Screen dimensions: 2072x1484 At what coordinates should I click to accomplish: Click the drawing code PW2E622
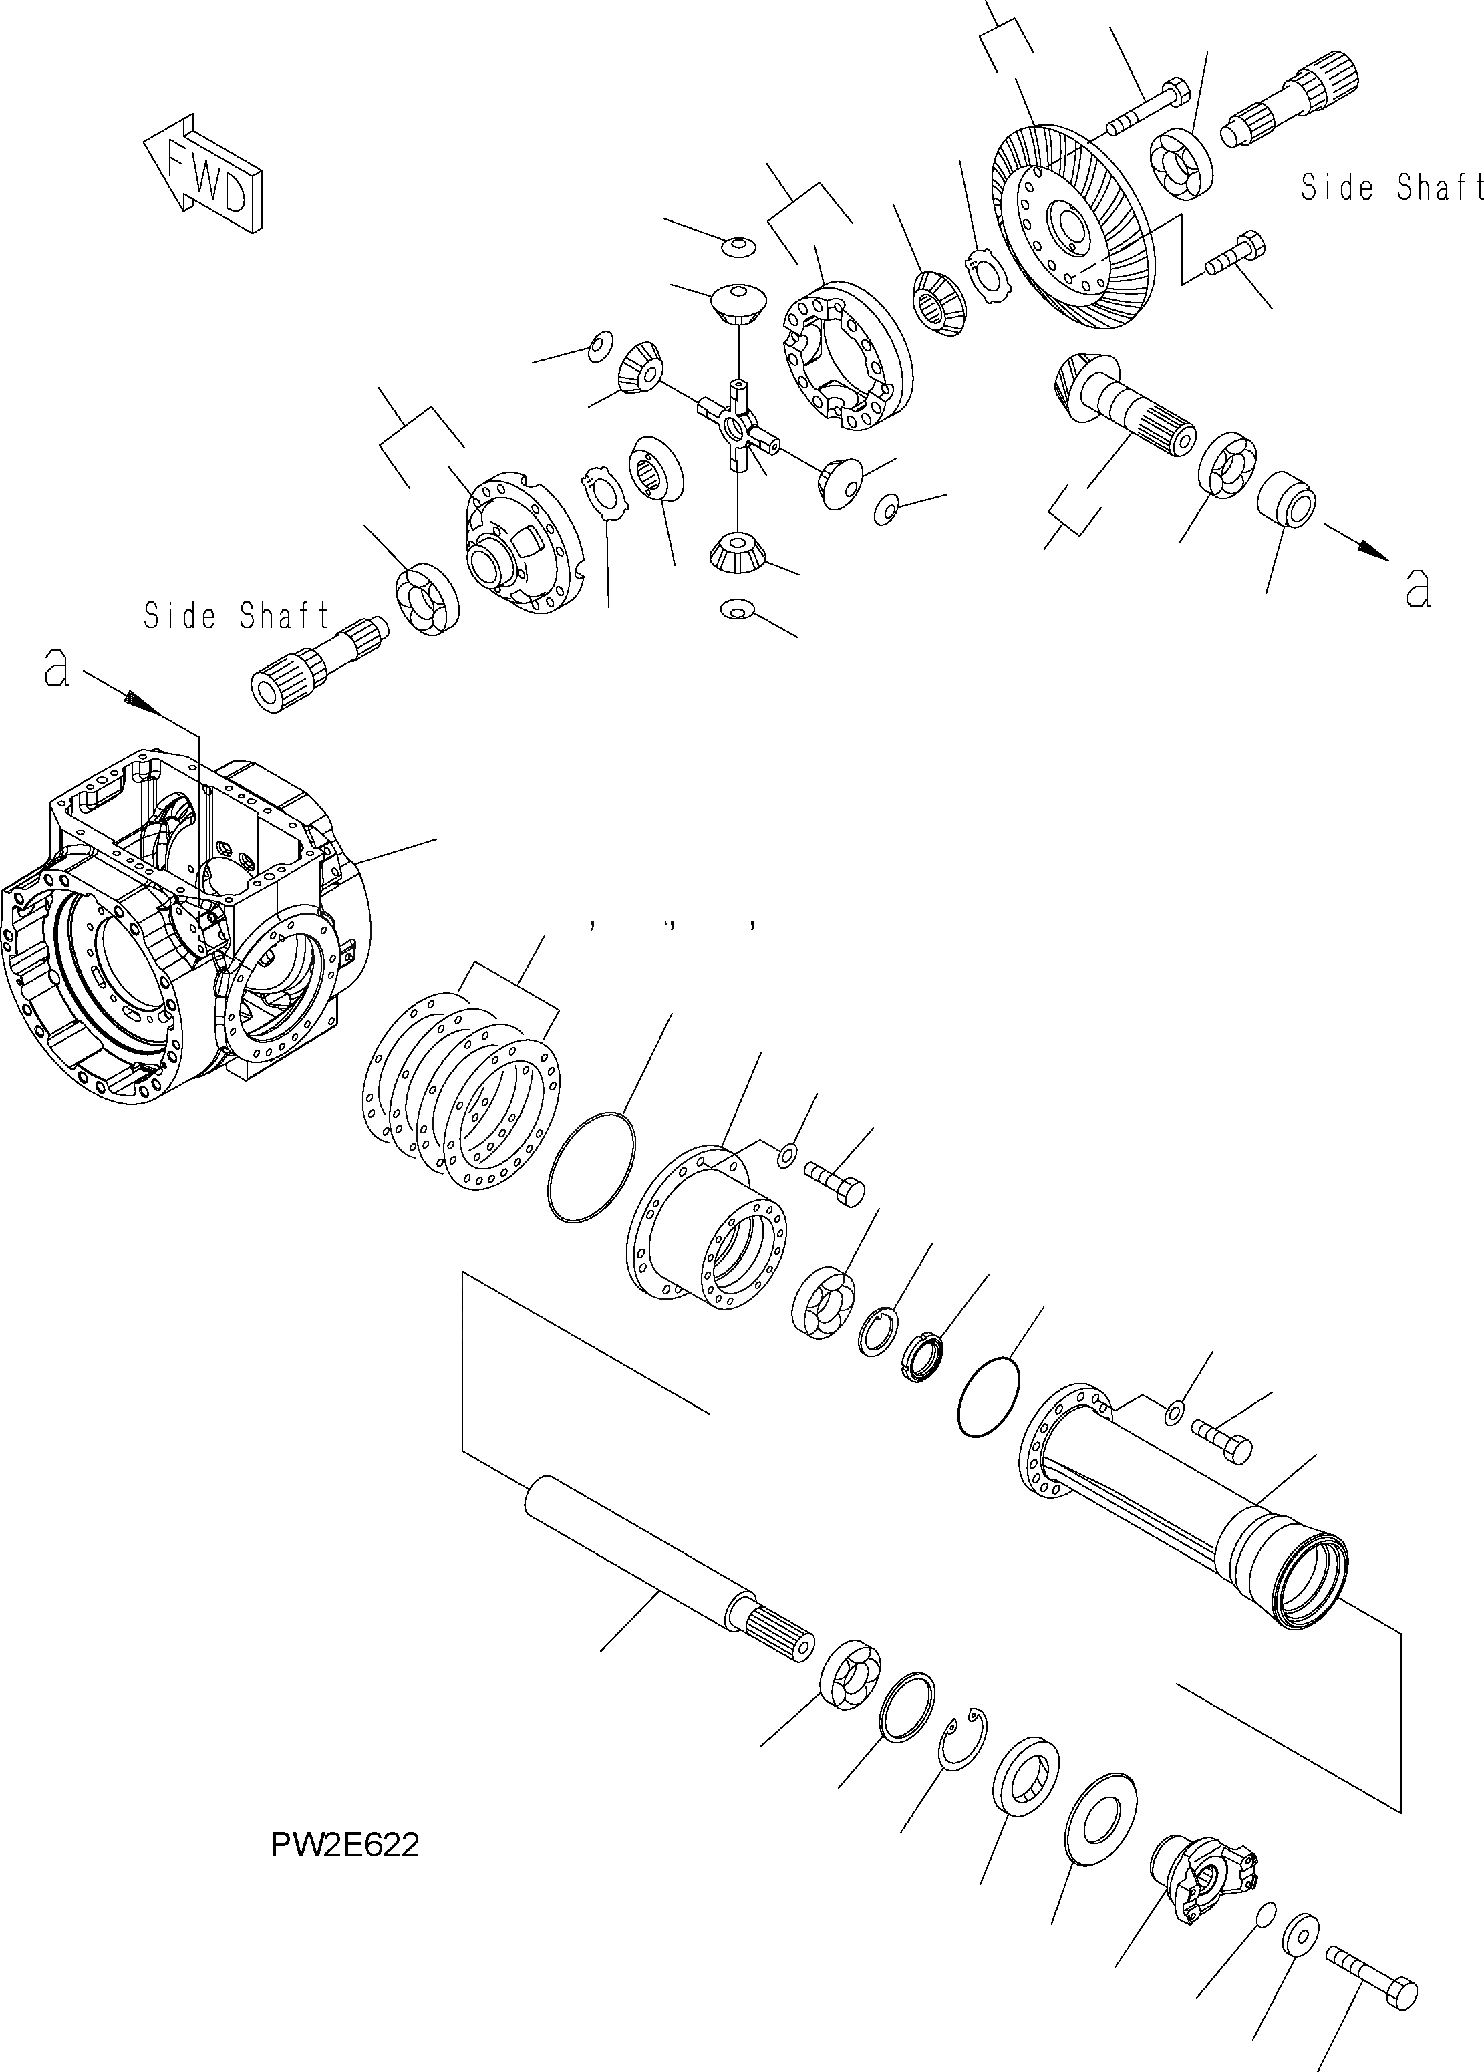[345, 1845]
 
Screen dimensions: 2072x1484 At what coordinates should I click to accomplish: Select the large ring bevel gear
[1074, 229]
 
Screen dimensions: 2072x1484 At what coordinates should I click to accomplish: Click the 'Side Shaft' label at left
[236, 616]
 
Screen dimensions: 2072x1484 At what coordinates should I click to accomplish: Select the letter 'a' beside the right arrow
[1417, 589]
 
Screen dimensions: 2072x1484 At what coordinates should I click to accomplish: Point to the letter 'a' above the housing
[57, 669]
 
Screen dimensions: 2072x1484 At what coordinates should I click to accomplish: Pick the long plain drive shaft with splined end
[667, 1564]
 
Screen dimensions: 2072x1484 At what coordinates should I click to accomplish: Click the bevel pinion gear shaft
[1124, 402]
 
